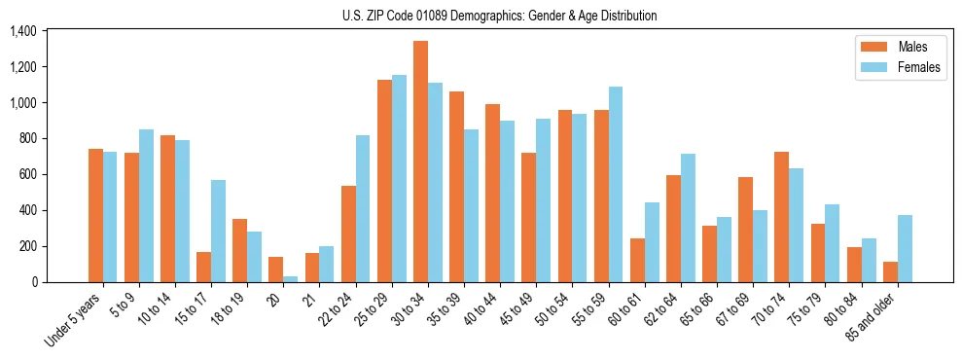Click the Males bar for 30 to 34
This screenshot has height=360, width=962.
tap(420, 162)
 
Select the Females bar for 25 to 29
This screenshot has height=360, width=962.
tap(399, 178)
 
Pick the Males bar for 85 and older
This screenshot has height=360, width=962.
tap(890, 271)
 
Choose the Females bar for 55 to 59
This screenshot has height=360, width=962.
tap(616, 184)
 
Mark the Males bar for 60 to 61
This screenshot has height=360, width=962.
tap(637, 260)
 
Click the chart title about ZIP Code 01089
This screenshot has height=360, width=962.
tap(499, 16)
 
